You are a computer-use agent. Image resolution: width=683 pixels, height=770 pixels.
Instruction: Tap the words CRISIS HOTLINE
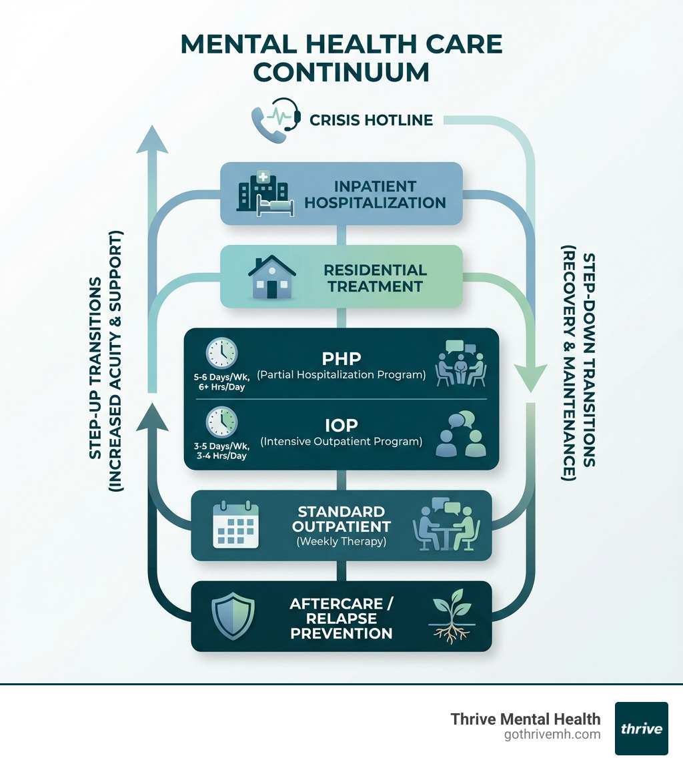[x=372, y=120]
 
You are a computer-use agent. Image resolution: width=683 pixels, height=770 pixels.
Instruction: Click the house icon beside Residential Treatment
[x=271, y=276]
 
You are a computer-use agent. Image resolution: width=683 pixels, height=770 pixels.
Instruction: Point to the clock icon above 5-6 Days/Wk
[x=221, y=354]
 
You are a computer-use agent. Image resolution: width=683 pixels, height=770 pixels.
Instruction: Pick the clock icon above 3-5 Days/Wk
[x=221, y=422]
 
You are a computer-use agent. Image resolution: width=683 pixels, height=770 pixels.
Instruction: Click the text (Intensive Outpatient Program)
[x=341, y=441]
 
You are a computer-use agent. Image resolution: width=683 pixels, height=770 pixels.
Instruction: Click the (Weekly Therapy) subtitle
[x=341, y=541]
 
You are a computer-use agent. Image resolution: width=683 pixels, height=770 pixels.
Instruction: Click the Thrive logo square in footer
[x=641, y=728]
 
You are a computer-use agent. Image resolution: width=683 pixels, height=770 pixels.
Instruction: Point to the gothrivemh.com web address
[x=553, y=735]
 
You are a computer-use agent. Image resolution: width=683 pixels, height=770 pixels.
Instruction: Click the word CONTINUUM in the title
[x=341, y=71]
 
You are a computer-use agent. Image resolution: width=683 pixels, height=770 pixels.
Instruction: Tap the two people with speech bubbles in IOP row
[x=460, y=434]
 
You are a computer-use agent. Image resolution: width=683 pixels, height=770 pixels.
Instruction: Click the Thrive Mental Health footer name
[x=526, y=719]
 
